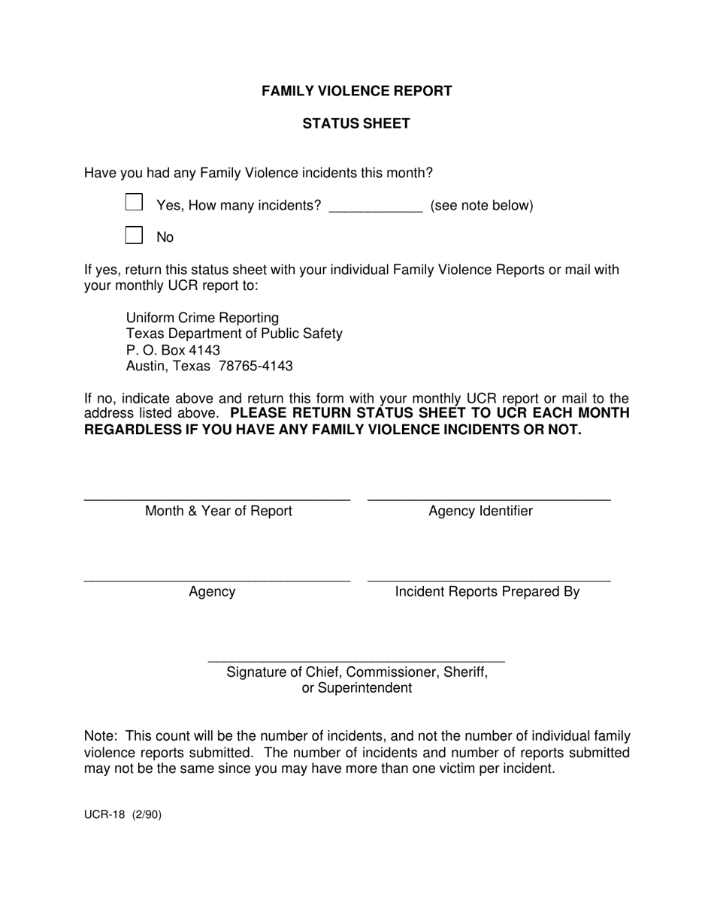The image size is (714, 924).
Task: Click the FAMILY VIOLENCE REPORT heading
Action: click(356, 91)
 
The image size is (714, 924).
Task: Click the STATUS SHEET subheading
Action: click(356, 123)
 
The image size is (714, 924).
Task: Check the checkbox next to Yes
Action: click(134, 202)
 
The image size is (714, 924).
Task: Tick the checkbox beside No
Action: click(134, 235)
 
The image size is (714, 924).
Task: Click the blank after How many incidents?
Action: click(376, 207)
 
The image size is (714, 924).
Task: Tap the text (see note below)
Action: click(481, 205)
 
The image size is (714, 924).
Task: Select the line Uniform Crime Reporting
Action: click(202, 318)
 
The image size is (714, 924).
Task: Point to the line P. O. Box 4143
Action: click(173, 350)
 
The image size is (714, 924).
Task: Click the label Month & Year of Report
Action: click(218, 511)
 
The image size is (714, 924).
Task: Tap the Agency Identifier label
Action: click(480, 511)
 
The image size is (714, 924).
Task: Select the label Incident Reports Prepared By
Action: click(487, 591)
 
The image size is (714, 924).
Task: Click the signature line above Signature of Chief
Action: click(356, 661)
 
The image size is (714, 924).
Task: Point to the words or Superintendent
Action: click(356, 688)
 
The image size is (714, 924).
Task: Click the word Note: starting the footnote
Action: click(100, 736)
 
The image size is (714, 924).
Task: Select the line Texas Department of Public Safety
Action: click(234, 334)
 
